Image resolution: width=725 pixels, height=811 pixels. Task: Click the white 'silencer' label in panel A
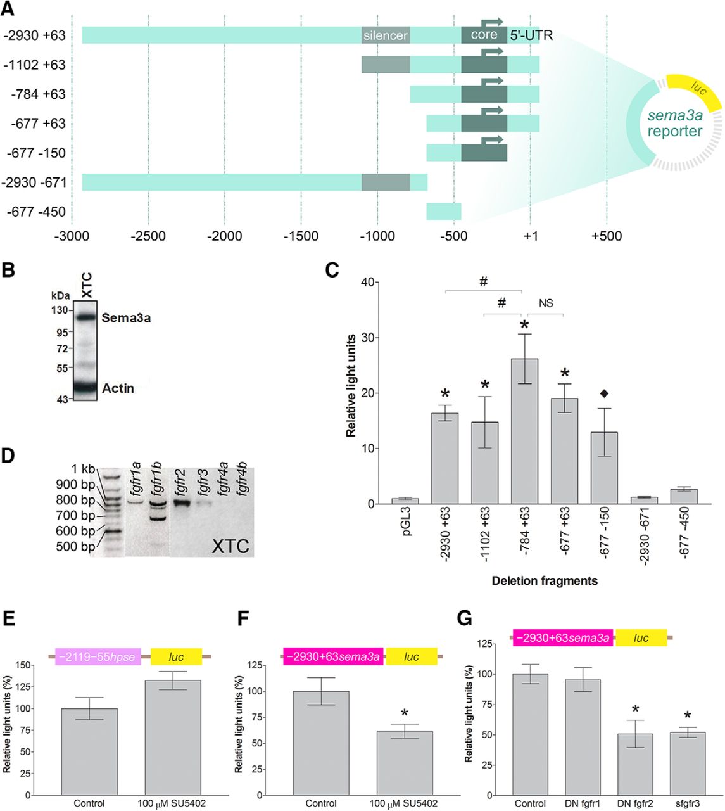[385, 35]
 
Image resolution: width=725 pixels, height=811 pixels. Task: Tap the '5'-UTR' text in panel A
[531, 35]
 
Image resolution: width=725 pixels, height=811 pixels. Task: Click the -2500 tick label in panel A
[148, 236]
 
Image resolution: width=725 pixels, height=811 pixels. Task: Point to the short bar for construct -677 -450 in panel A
[443, 212]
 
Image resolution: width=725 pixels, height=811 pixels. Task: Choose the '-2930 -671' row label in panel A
[34, 182]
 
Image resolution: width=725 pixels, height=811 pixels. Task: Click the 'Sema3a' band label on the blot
[126, 317]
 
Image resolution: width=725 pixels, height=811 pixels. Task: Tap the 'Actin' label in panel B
[118, 388]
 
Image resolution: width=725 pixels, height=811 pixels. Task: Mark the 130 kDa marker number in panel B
[60, 310]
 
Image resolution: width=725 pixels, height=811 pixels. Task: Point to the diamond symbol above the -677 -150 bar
[604, 394]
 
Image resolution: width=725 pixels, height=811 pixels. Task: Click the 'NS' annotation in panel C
[546, 303]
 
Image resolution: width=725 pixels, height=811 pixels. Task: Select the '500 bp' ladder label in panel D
[75, 546]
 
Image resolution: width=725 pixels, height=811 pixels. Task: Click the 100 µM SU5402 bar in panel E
[173, 737]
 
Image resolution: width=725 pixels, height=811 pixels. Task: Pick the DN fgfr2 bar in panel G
[634, 763]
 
